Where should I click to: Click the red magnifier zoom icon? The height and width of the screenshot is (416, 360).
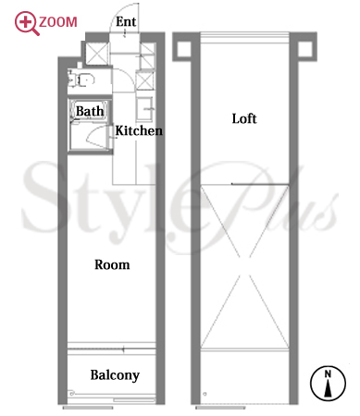(26, 23)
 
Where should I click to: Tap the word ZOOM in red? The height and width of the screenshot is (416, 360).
(58, 22)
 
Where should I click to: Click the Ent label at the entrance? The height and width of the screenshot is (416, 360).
(126, 22)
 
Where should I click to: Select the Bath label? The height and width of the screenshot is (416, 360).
(90, 111)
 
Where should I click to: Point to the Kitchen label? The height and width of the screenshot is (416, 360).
(139, 130)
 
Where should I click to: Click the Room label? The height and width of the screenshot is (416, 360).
(112, 264)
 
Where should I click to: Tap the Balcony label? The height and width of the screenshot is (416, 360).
(115, 375)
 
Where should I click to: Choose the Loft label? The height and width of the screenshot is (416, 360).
(244, 118)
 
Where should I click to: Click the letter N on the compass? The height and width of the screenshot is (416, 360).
(328, 374)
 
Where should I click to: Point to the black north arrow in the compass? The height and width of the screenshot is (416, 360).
(328, 388)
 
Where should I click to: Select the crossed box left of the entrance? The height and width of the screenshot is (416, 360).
(97, 54)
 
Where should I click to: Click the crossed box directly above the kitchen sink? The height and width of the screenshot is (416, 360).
(144, 80)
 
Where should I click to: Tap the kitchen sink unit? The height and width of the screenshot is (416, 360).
(144, 108)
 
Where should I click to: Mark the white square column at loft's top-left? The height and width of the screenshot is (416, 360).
(184, 48)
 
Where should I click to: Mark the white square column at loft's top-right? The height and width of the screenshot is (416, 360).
(305, 48)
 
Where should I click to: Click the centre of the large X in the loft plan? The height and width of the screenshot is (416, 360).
(244, 266)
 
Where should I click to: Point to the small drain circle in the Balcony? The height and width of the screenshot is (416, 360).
(71, 394)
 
